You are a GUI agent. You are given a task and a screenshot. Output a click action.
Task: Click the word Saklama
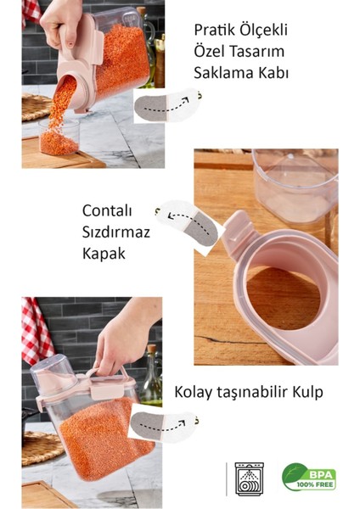(x=223, y=73)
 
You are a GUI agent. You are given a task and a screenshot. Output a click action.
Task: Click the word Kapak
(x=104, y=253)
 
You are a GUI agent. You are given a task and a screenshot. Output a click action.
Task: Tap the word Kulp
(x=307, y=393)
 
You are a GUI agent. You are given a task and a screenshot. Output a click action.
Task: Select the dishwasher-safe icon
(x=250, y=478)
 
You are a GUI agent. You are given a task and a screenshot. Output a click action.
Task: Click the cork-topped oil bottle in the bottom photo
(x=150, y=373)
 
